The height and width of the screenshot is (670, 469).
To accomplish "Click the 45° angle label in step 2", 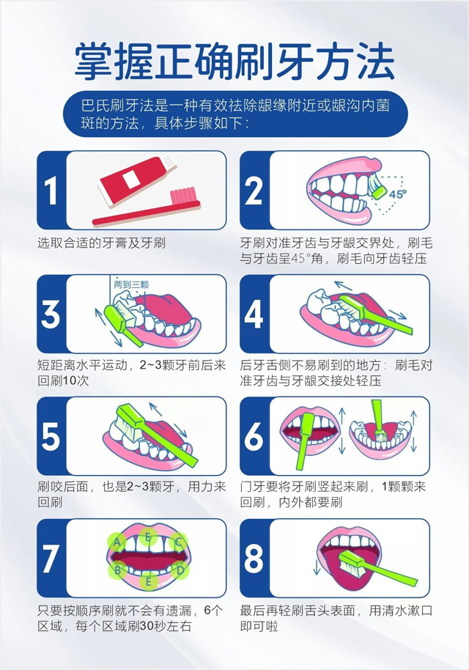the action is tap(397, 194).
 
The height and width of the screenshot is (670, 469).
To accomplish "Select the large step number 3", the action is tap(51, 314).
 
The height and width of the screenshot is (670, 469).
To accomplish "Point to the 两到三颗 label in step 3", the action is tap(132, 284).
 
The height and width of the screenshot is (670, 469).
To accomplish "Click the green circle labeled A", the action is tap(117, 542).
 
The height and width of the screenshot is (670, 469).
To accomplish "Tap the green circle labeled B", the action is tap(118, 570).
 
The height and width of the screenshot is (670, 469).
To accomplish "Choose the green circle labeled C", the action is tap(179, 542).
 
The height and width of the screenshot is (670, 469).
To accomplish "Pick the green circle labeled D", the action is tap(180, 570).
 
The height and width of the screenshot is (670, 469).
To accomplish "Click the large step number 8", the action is tap(254, 559).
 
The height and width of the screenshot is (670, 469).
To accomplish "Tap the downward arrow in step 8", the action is tap(317, 567).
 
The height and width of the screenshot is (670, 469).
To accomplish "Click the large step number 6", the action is tap(254, 436).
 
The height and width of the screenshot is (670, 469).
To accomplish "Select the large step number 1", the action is tap(51, 191).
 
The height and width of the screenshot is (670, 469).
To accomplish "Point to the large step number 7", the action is tap(50, 559).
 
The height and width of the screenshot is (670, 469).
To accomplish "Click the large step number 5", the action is tap(51, 436).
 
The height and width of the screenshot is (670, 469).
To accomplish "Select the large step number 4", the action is tap(254, 314).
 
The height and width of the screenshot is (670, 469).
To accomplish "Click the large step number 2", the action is tap(254, 191).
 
